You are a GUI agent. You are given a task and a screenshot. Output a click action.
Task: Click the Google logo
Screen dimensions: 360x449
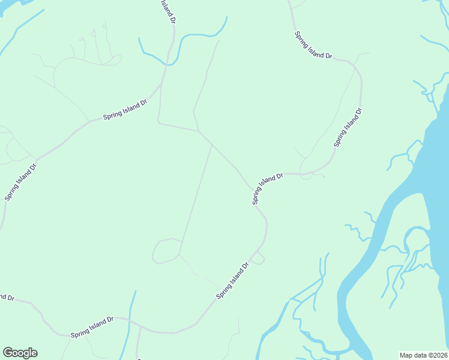tap(20, 353)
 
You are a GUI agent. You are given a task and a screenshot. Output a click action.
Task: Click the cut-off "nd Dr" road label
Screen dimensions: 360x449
tap(6, 297)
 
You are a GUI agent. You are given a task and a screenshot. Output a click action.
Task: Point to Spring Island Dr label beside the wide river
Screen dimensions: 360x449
tap(348, 127)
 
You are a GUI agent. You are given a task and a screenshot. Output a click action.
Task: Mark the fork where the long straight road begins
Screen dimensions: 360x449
tap(212, 145)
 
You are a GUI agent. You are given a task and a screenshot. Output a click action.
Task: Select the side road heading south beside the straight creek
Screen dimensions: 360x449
tap(138, 345)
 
